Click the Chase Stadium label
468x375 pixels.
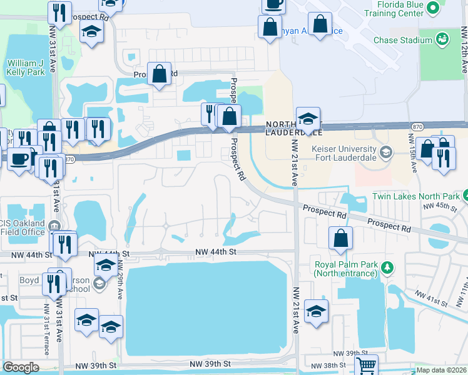tap(402, 40)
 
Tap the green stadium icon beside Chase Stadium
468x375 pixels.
tap(442, 39)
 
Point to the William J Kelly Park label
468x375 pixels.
tap(26, 67)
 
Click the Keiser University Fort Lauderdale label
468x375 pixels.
tap(345, 154)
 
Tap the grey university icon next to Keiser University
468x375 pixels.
tap(387, 151)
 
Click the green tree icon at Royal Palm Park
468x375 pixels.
tap(387, 267)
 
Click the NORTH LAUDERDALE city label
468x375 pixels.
tap(293, 128)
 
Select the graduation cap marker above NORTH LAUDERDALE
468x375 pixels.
tap(308, 118)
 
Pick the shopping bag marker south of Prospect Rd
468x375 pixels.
tap(340, 238)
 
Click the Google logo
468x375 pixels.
tap(21, 367)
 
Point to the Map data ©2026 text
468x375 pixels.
tap(441, 369)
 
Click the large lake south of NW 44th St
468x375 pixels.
tap(206, 306)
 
